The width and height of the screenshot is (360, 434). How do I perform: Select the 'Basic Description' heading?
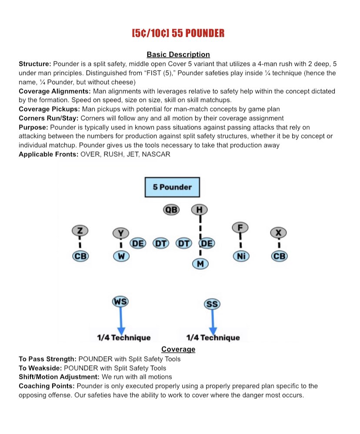[178, 54]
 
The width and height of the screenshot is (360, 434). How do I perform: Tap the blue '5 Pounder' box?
[172, 187]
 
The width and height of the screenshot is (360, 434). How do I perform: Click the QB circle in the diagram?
[171, 210]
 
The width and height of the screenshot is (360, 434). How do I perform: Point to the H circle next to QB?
[199, 210]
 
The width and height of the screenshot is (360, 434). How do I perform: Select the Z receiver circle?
[80, 230]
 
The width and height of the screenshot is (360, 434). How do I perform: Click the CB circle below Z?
[80, 256]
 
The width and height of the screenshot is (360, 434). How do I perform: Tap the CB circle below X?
[279, 256]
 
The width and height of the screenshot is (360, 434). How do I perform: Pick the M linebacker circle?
[200, 263]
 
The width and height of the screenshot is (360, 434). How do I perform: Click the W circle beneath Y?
[121, 256]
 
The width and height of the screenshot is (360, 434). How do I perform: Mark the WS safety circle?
[120, 301]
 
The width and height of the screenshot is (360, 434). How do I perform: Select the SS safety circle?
[212, 304]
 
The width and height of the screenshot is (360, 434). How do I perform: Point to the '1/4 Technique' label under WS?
[123, 338]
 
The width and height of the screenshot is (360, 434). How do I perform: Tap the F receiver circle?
[240, 226]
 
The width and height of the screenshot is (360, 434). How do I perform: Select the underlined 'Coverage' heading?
[178, 349]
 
